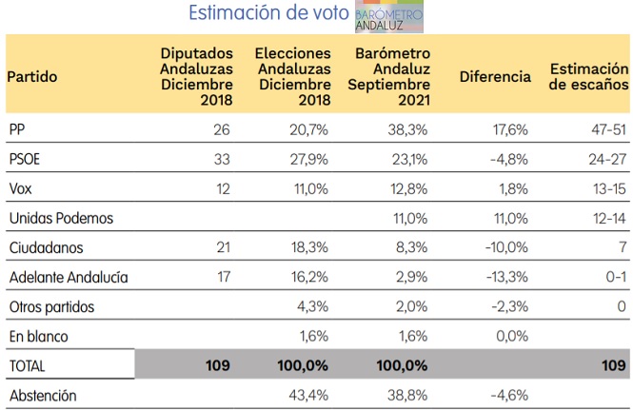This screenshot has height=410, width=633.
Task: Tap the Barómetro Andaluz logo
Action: pyautogui.click(x=390, y=16)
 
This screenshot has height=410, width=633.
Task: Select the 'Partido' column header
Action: pyautogui.click(x=32, y=77)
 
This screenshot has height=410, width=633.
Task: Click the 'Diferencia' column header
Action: pyautogui.click(x=495, y=77)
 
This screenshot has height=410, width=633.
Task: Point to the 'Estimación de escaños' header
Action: pyautogui.click(x=588, y=77)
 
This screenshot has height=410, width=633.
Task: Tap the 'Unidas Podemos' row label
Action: pyautogui.click(x=60, y=218)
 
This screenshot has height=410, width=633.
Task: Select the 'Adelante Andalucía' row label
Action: pyautogui.click(x=68, y=277)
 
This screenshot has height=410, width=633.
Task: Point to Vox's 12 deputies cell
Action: pyautogui.click(x=223, y=188)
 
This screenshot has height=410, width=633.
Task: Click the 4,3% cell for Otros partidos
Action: pyautogui.click(x=315, y=306)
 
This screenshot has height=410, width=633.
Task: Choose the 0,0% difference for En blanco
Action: pyautogui.click(x=511, y=336)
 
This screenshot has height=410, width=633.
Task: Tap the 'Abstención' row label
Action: pyautogui.click(x=41, y=395)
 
